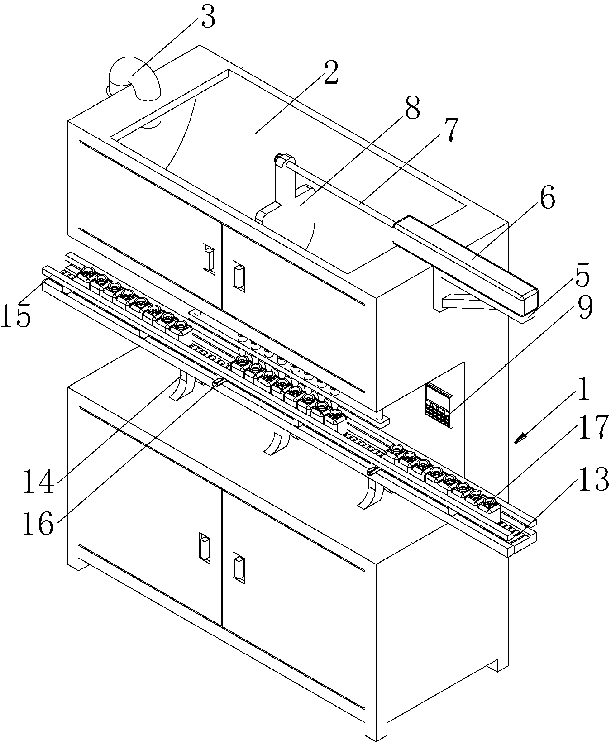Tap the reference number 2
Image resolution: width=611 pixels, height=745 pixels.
pos(330,72)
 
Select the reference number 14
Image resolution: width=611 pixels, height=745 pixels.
pos(39,482)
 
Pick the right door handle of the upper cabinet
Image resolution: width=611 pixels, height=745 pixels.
pos(238,274)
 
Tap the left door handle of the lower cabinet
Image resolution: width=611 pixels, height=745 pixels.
pos(205,548)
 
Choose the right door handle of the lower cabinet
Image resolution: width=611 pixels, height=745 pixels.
pos(238,566)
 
